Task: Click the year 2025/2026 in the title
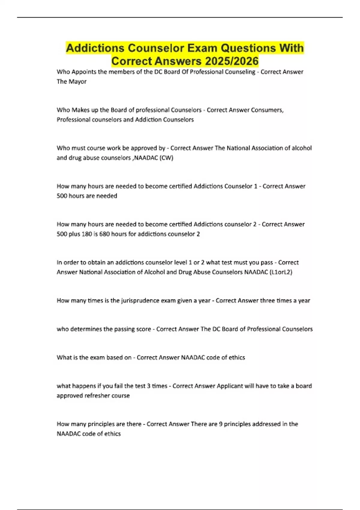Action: click(232, 61)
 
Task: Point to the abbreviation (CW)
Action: click(167, 158)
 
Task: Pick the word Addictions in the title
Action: click(95, 48)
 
